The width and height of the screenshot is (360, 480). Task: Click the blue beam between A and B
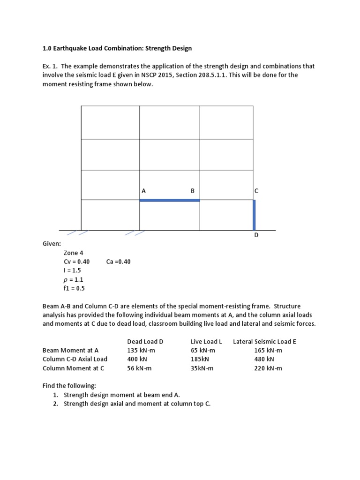[x=170, y=200]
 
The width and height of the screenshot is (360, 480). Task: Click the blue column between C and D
[x=254, y=215]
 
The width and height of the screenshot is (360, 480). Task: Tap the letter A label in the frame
[x=143, y=191]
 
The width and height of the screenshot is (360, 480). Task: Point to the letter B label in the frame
[x=192, y=191]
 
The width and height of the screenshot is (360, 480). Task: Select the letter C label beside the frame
[x=256, y=191]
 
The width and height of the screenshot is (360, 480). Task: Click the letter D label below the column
[x=256, y=235]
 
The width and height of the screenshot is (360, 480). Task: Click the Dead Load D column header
[x=145, y=342]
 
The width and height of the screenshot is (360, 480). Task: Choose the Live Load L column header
[x=206, y=342]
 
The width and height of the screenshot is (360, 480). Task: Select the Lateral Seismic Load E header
[x=264, y=342]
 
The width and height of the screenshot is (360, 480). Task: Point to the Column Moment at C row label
[x=74, y=368]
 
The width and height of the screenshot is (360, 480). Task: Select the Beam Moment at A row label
[x=71, y=351]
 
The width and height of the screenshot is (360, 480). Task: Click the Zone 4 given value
[x=74, y=253]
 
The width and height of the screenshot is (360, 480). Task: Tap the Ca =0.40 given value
[x=119, y=262]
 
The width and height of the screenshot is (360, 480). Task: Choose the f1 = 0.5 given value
[x=75, y=289]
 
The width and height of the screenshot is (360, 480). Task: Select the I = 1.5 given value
[x=72, y=271]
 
